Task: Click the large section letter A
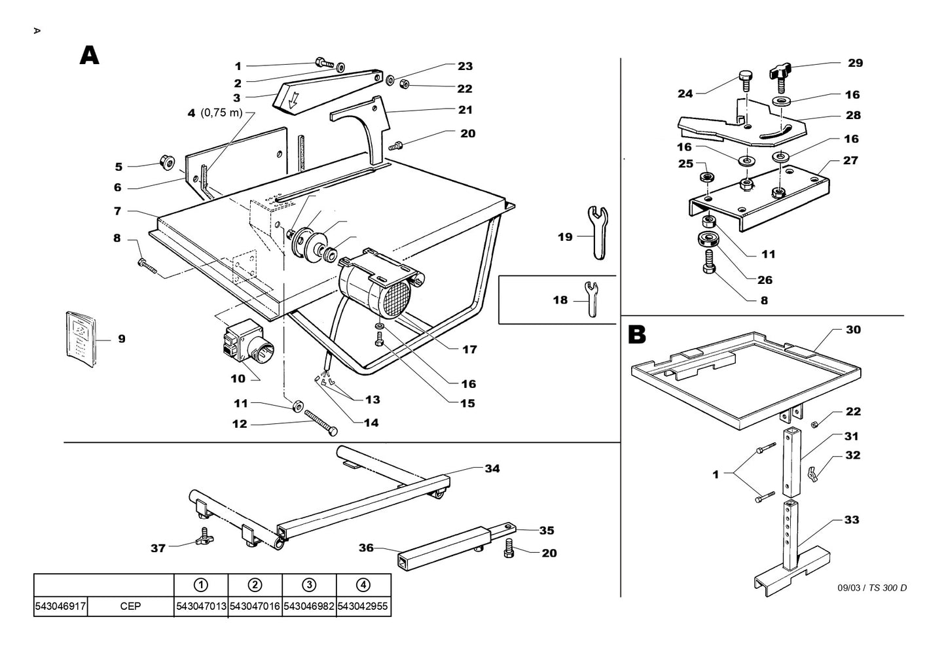(x=89, y=56)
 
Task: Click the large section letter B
(x=636, y=334)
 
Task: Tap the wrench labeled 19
(x=598, y=232)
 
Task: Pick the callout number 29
(x=855, y=63)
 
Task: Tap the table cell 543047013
(x=201, y=606)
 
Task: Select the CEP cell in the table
(x=130, y=606)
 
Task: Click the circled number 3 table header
(x=309, y=585)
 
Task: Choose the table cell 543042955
(x=363, y=606)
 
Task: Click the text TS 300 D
(x=888, y=588)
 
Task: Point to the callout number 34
(x=492, y=468)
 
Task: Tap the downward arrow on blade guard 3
(x=294, y=99)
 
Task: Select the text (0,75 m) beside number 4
(x=221, y=113)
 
